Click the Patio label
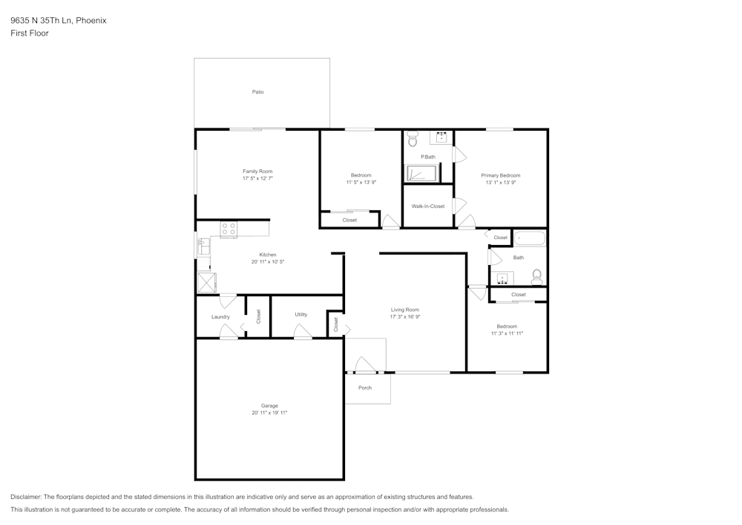coord(257,92)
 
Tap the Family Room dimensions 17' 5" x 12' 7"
coord(257,179)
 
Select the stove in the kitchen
coord(229,229)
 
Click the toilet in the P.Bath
coord(413,140)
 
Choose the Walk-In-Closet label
coord(428,206)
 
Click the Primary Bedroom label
coord(501,175)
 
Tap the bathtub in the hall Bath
coord(530,238)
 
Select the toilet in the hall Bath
coord(537,277)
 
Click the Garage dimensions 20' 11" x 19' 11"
coord(269,412)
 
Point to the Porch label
coord(365,388)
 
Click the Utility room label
coord(301,315)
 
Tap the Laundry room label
coord(220,317)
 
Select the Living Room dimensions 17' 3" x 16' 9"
coord(405,317)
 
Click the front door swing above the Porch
coord(364,365)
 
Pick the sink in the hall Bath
coord(503,278)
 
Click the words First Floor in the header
coord(30,33)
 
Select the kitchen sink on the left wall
coord(203,246)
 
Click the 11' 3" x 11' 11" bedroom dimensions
coord(508,333)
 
